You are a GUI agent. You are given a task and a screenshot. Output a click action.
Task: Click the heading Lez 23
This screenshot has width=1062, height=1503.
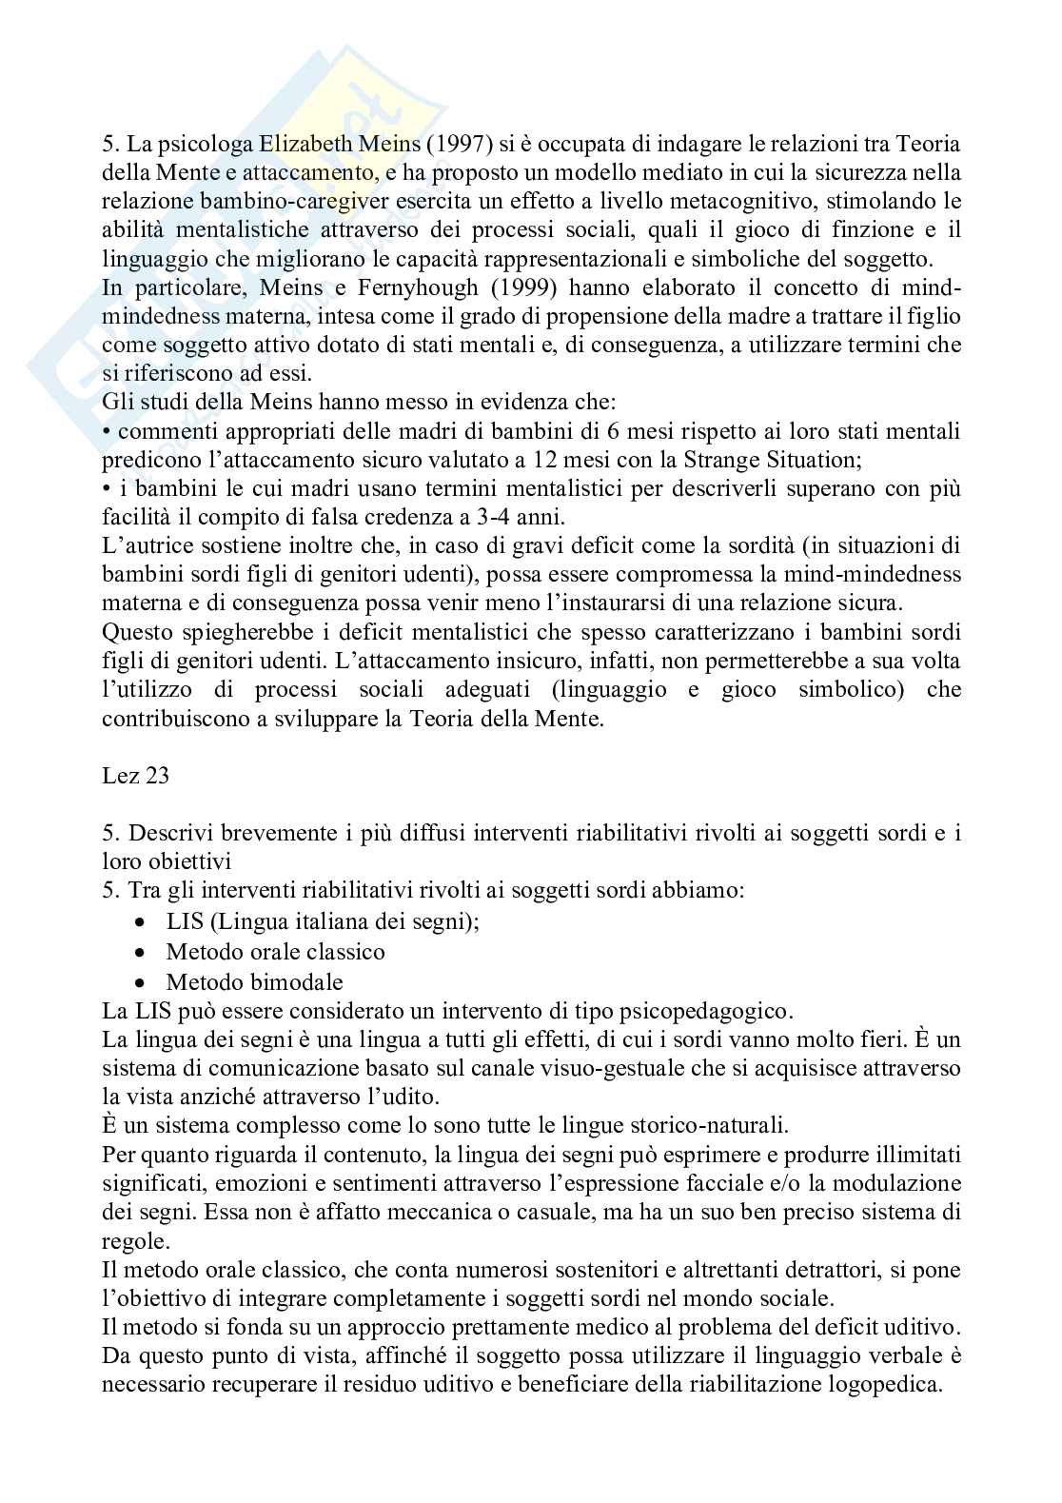click(x=135, y=775)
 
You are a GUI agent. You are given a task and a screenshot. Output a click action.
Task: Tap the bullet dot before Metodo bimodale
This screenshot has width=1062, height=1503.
click(x=141, y=982)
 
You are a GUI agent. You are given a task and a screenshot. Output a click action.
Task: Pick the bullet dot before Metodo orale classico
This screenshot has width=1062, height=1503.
click(x=141, y=953)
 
